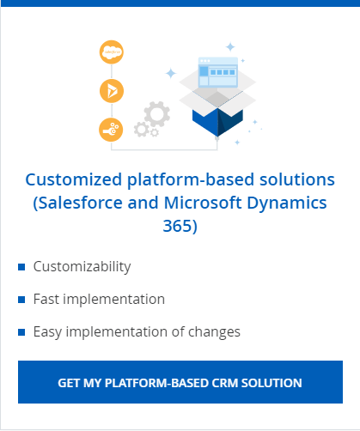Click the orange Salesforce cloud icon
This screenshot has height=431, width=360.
point(112,52)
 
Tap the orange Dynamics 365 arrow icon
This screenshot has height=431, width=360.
point(112,91)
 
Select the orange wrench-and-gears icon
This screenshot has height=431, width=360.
point(111,130)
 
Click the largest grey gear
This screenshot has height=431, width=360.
point(157,114)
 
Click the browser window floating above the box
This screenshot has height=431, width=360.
point(218,71)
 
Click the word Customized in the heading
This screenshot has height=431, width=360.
point(74,180)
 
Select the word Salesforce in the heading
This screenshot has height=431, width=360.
point(81,203)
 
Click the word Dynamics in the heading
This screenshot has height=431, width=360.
point(287,203)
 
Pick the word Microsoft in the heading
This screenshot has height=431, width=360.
point(203,203)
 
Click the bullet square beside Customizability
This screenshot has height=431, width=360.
point(21,267)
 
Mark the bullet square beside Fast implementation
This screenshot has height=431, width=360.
point(21,300)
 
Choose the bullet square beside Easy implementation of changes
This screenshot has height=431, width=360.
point(21,332)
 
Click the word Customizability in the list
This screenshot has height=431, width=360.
point(82,267)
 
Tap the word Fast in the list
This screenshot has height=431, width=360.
point(46,299)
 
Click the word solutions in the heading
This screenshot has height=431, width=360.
point(297,179)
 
